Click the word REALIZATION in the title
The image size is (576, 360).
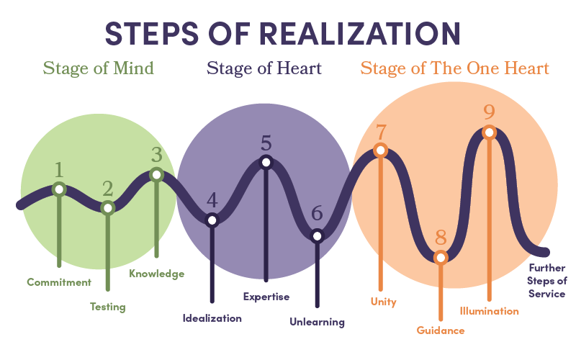coord(359,33)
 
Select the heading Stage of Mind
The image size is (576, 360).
coord(99,68)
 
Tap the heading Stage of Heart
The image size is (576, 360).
coord(264,68)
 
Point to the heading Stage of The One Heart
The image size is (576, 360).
coord(454,68)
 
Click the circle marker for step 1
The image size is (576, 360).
coord(59,189)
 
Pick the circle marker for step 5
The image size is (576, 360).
coord(266,162)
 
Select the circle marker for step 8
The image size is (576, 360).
coord(441,257)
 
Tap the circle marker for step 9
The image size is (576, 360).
coord(489,132)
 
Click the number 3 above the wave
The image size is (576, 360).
coord(156,154)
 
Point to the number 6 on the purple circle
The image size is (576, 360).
coord(317,213)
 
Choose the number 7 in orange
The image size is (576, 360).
coord(381,132)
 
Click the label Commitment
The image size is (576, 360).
coord(59,282)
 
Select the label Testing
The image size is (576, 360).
coord(107,307)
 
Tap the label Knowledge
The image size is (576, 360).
coord(156,274)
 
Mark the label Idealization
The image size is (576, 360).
coord(212,318)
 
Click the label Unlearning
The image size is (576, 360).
coord(317,322)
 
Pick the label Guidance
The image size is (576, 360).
coord(441,330)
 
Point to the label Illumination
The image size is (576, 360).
coord(489,311)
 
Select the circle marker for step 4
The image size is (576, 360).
coord(212,220)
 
